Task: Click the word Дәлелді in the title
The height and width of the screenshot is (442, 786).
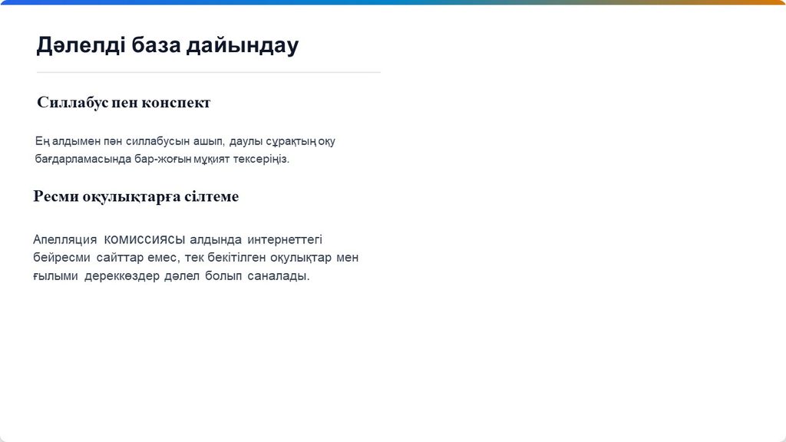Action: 80,45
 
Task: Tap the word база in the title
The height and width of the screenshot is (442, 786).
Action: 156,45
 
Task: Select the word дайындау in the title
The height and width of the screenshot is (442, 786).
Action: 243,46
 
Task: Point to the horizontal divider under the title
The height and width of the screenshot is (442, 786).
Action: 209,72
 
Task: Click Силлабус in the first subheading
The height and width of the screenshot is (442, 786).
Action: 73,102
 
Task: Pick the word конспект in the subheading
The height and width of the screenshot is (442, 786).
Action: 176,103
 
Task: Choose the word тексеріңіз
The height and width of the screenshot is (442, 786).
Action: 261,160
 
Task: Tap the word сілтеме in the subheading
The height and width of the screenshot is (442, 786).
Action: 212,196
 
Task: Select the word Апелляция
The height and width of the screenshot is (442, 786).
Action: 64,239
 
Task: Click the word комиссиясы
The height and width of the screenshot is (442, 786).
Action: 144,239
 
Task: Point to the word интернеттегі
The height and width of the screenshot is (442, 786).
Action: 285,239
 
